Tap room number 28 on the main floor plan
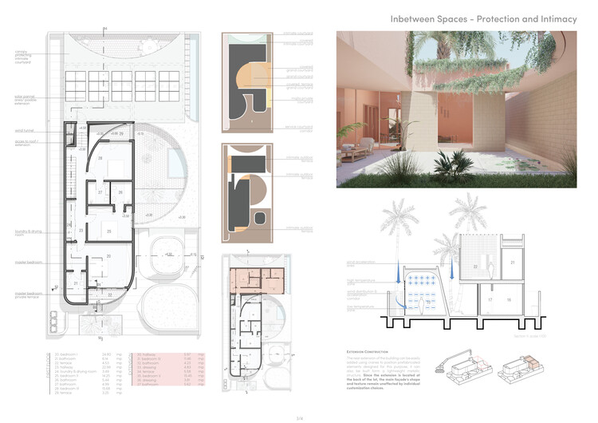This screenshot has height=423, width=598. [x=100, y=159]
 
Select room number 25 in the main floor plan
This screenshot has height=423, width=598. [x=110, y=231]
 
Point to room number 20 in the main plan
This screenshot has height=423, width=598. [x=108, y=256]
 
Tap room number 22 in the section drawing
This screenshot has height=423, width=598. [x=474, y=266]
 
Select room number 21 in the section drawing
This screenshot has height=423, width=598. [x=513, y=263]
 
